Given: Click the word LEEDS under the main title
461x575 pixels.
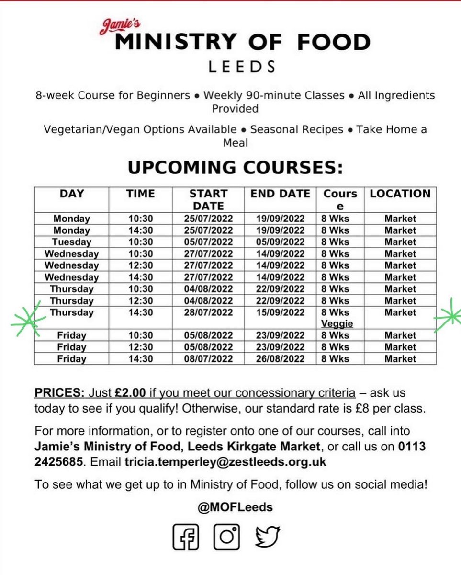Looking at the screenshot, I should pyautogui.click(x=241, y=66).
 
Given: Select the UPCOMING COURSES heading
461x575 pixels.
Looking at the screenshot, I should pyautogui.click(x=235, y=168).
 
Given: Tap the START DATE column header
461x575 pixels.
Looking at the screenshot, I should pyautogui.click(x=209, y=199).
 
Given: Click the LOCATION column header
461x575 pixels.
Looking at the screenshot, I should pyautogui.click(x=400, y=194).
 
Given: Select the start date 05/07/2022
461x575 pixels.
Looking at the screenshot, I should pyautogui.click(x=209, y=242).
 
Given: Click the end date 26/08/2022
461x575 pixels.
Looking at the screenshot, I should pyautogui.click(x=280, y=358).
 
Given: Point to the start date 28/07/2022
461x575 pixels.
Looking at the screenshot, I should pyautogui.click(x=209, y=312).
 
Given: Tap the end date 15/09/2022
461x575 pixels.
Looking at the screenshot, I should pyautogui.click(x=280, y=312).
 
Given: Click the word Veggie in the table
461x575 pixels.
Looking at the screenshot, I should pyautogui.click(x=337, y=324).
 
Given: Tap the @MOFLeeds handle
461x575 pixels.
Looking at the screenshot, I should pyautogui.click(x=235, y=507).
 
